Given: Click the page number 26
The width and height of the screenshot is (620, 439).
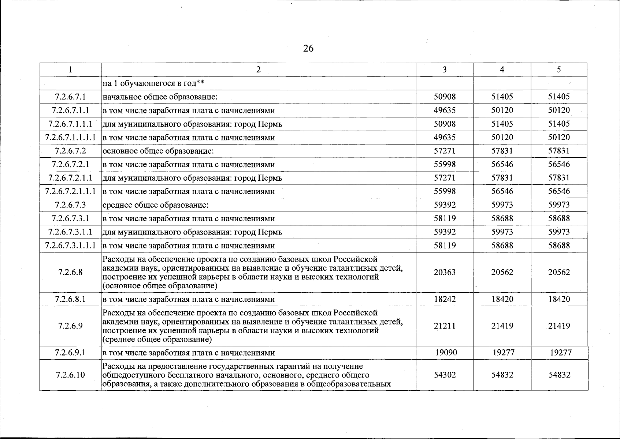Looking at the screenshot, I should pos(308,48).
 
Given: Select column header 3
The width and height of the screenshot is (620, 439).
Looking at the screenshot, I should pos(444,70).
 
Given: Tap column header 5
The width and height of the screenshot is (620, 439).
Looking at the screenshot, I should pos(559,70).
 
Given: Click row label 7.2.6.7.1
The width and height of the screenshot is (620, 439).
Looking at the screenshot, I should pos(70,97).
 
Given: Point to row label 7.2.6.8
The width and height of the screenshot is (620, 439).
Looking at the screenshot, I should pos(70,272).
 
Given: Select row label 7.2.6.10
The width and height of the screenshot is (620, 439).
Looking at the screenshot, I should pos(70,375).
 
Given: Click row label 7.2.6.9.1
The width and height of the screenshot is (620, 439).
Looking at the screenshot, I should pos(70,353).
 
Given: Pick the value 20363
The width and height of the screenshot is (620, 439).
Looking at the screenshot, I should pos(445,272).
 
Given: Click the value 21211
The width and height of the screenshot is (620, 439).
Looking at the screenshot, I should pos(445,326).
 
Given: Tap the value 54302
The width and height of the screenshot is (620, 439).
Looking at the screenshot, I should pos(445,375).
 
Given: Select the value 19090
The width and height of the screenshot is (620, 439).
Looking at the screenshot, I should pos(446,353).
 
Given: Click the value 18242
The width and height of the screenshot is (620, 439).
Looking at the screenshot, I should pos(445,299).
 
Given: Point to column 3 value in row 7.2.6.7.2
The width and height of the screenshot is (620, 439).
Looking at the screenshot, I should pos(445,151).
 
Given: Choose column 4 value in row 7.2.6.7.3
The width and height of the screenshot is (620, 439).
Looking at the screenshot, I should pos(502,205).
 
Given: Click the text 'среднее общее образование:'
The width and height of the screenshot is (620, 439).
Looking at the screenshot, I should pos(155,205).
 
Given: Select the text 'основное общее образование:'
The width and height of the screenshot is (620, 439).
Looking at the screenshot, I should pos(158,151).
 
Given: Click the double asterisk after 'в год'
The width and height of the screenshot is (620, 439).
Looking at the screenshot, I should pos(200,83).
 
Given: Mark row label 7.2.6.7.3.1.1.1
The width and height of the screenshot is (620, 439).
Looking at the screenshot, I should pos(70,245).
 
